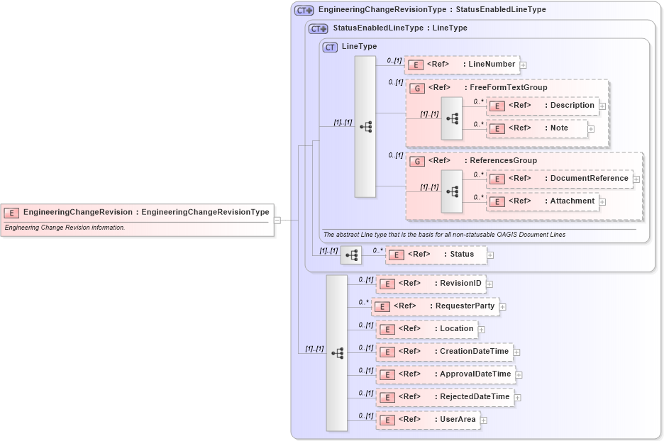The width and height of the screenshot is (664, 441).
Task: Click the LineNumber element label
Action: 492,65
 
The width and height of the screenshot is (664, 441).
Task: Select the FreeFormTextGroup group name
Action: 508,88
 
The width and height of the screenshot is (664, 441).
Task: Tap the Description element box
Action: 543,106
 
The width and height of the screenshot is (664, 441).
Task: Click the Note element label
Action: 559,128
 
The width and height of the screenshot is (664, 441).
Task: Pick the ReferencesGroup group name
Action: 504,161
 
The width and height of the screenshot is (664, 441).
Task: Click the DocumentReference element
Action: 560,179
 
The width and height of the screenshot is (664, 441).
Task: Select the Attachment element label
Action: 572,201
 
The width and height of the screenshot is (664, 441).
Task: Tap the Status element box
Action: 436,255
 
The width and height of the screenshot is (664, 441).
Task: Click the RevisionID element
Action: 431,284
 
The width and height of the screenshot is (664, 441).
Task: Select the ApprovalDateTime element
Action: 446,374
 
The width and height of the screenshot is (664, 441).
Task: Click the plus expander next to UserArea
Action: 484,420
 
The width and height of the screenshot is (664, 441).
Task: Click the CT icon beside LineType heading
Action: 330,48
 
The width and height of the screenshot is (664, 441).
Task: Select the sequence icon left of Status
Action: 351,255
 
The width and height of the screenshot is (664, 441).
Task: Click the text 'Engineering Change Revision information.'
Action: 65,228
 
